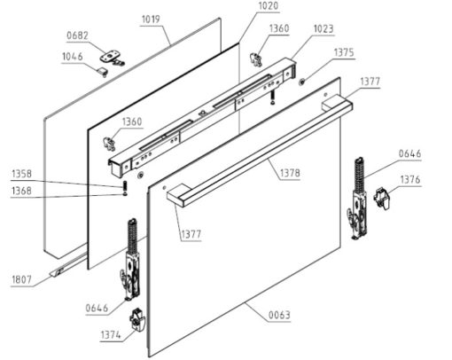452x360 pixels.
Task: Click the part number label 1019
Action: pyautogui.click(x=151, y=20)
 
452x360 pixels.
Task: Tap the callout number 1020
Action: pyautogui.click(x=269, y=6)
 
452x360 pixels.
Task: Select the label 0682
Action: pyautogui.click(x=77, y=35)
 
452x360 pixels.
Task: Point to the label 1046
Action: pyautogui.click(x=73, y=57)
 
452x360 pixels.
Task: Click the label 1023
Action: pyautogui.click(x=323, y=29)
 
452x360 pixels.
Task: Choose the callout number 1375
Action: pyautogui.click(x=344, y=52)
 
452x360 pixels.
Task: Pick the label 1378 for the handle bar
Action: pyautogui.click(x=290, y=173)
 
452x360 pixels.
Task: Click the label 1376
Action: pyautogui.click(x=410, y=179)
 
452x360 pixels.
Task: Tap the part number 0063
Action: pyautogui.click(x=279, y=315)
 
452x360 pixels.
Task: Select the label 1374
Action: pyautogui.click(x=111, y=335)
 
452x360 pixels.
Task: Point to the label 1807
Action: pyautogui.click(x=21, y=279)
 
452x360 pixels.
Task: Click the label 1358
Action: pyautogui.click(x=21, y=174)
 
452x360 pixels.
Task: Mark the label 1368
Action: pyautogui.click(x=21, y=191)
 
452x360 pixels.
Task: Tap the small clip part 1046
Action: pyautogui.click(x=102, y=72)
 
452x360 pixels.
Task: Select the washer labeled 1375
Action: pyautogui.click(x=301, y=82)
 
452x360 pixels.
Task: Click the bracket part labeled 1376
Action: pyautogui.click(x=383, y=198)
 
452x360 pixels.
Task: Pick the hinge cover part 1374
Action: pyautogui.click(x=137, y=320)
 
